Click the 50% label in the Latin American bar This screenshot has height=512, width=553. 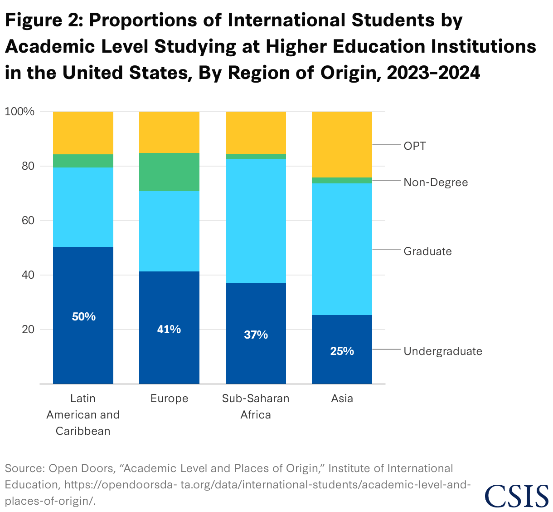[x=83, y=317]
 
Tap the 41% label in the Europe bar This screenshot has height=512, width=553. [x=169, y=330]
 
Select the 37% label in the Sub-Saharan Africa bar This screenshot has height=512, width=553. [x=256, y=335]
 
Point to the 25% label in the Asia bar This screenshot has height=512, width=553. [x=342, y=351]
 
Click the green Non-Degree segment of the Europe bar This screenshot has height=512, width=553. [x=169, y=172]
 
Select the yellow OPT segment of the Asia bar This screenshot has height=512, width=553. [x=342, y=144]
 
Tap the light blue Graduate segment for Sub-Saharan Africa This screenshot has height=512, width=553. [x=256, y=221]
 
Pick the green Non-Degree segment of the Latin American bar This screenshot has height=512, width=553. [x=83, y=161]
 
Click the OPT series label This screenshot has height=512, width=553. [x=415, y=146]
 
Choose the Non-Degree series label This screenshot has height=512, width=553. [x=436, y=182]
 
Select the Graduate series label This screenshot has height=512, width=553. [x=427, y=251]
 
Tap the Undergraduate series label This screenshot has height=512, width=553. [x=442, y=351]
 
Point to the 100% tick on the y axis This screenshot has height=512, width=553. [x=19, y=112]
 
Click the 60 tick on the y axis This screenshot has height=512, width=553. [x=28, y=221]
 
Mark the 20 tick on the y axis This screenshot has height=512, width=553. [x=28, y=330]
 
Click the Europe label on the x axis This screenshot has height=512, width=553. [x=169, y=399]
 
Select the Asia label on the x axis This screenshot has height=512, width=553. [x=342, y=399]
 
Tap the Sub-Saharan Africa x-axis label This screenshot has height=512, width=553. [x=256, y=406]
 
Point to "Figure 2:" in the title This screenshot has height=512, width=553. [x=44, y=21]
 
